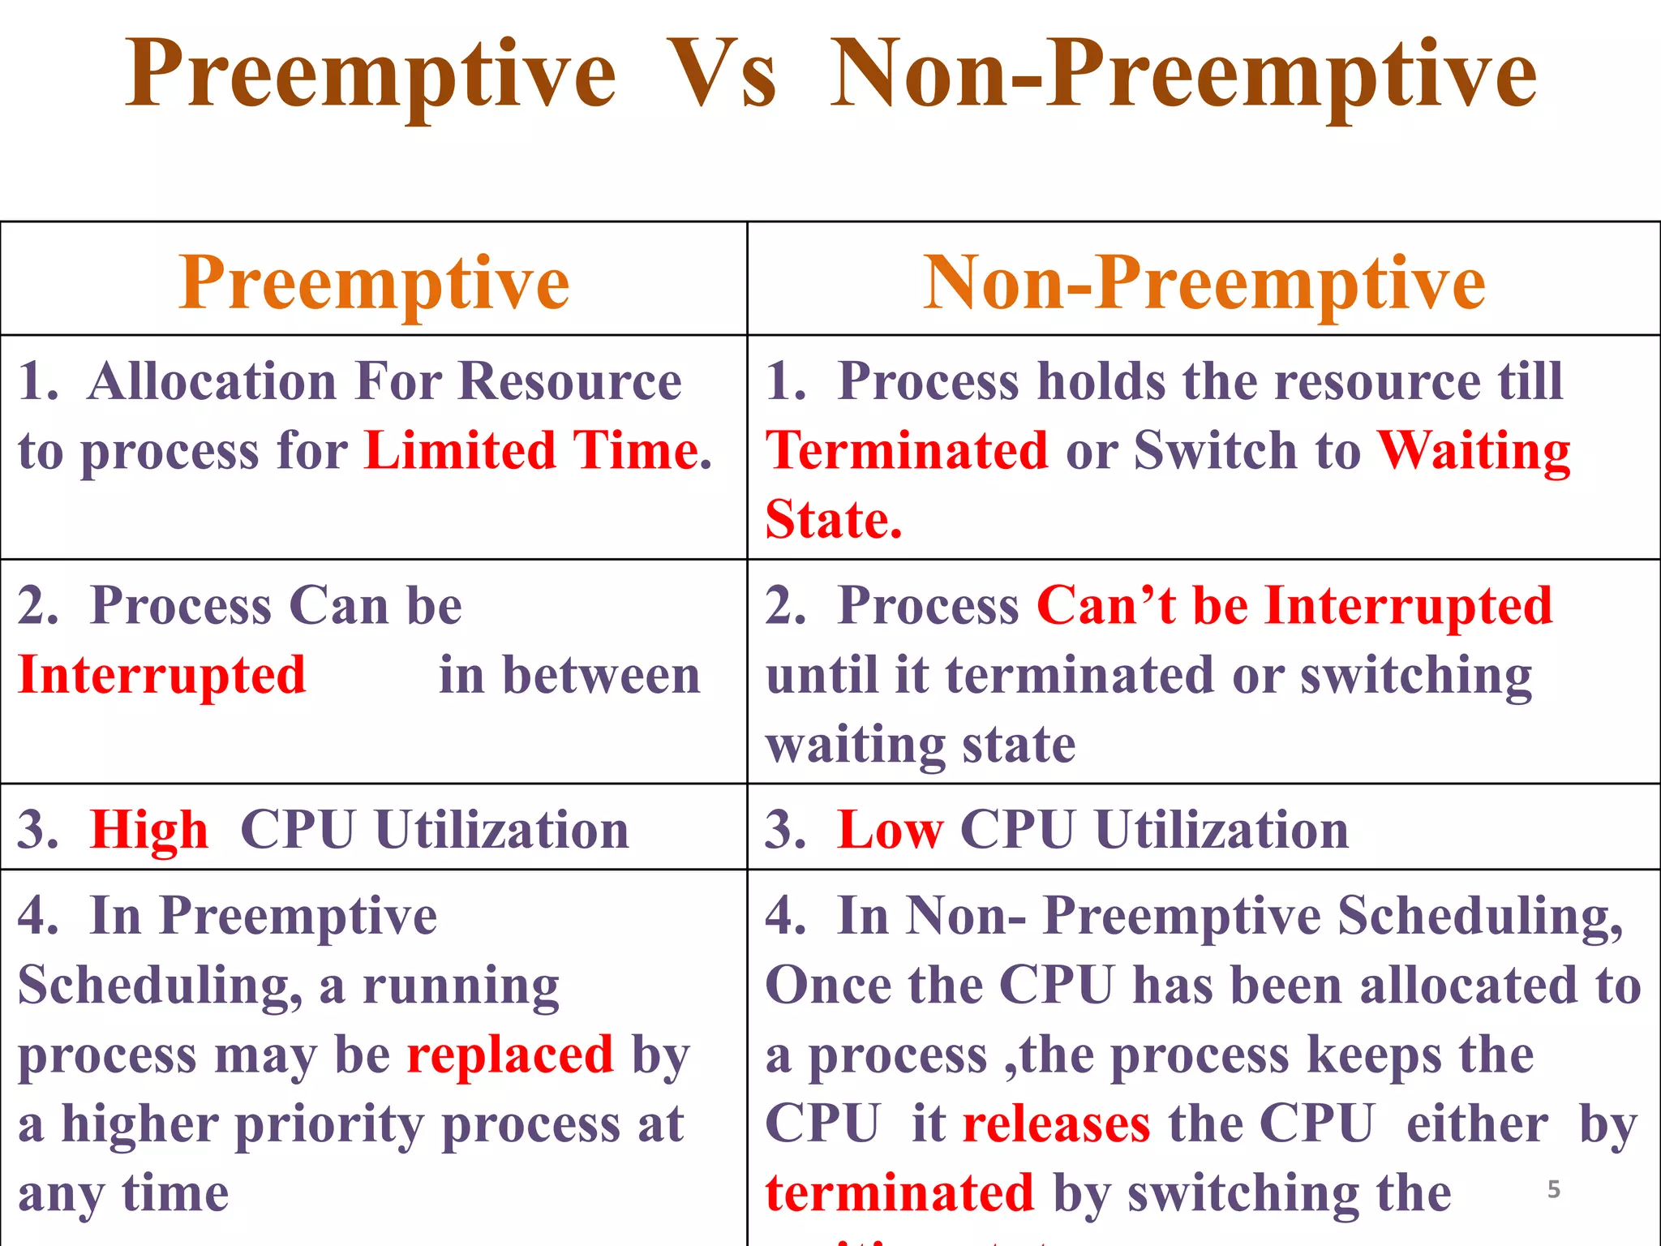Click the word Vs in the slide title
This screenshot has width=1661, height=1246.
(722, 75)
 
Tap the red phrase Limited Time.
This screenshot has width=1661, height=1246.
(538, 450)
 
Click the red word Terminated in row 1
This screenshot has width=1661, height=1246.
(908, 450)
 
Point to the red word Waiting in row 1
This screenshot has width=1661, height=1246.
(1474, 450)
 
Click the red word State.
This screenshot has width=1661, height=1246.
(834, 519)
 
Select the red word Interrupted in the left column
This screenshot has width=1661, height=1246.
(162, 675)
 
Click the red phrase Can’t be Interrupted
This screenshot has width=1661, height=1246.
(1294, 605)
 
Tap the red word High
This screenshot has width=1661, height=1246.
(149, 830)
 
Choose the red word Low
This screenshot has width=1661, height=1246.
(890, 830)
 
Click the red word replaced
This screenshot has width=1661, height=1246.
(510, 1055)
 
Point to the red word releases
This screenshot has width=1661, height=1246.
(1056, 1124)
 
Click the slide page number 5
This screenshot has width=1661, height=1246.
(1553, 1189)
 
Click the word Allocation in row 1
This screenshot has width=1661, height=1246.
(212, 380)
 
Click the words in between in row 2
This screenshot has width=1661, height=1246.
(569, 675)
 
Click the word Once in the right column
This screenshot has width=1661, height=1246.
(828, 986)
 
